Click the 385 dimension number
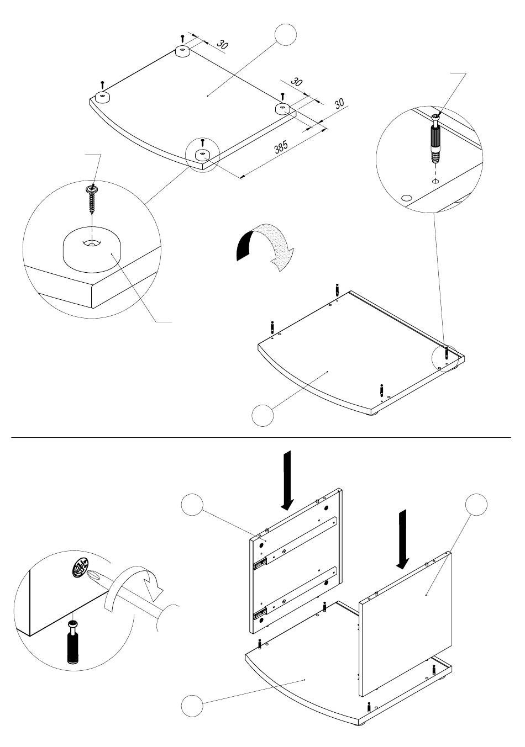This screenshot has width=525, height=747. pyautogui.click(x=281, y=147)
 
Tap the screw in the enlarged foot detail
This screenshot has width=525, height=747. pyautogui.click(x=92, y=198)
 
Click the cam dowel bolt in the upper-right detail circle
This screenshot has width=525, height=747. pyautogui.click(x=436, y=139)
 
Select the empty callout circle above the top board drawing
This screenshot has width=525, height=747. pyautogui.click(x=285, y=34)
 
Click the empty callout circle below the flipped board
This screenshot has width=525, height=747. pyautogui.click(x=262, y=415)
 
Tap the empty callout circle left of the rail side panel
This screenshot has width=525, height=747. pyautogui.click(x=192, y=505)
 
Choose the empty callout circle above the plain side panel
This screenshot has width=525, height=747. pyautogui.click(x=476, y=505)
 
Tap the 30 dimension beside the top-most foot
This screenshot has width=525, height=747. pyautogui.click(x=222, y=44)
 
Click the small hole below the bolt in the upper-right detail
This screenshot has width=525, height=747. pyautogui.click(x=435, y=181)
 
